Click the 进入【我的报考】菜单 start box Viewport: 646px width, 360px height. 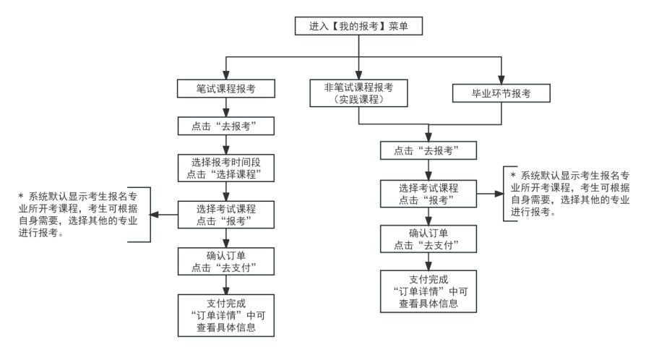pyautogui.click(x=358, y=27)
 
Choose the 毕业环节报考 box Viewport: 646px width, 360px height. pyautogui.click(x=501, y=94)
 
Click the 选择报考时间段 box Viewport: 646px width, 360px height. pyautogui.click(x=227, y=168)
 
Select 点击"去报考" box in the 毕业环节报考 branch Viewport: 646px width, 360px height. pyautogui.click(x=429, y=151)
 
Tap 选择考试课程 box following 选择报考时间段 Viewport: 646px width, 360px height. pyautogui.click(x=227, y=214)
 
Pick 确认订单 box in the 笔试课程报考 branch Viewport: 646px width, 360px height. pyautogui.click(x=227, y=260)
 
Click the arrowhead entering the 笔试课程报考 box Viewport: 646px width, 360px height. pyautogui.click(x=227, y=76)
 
